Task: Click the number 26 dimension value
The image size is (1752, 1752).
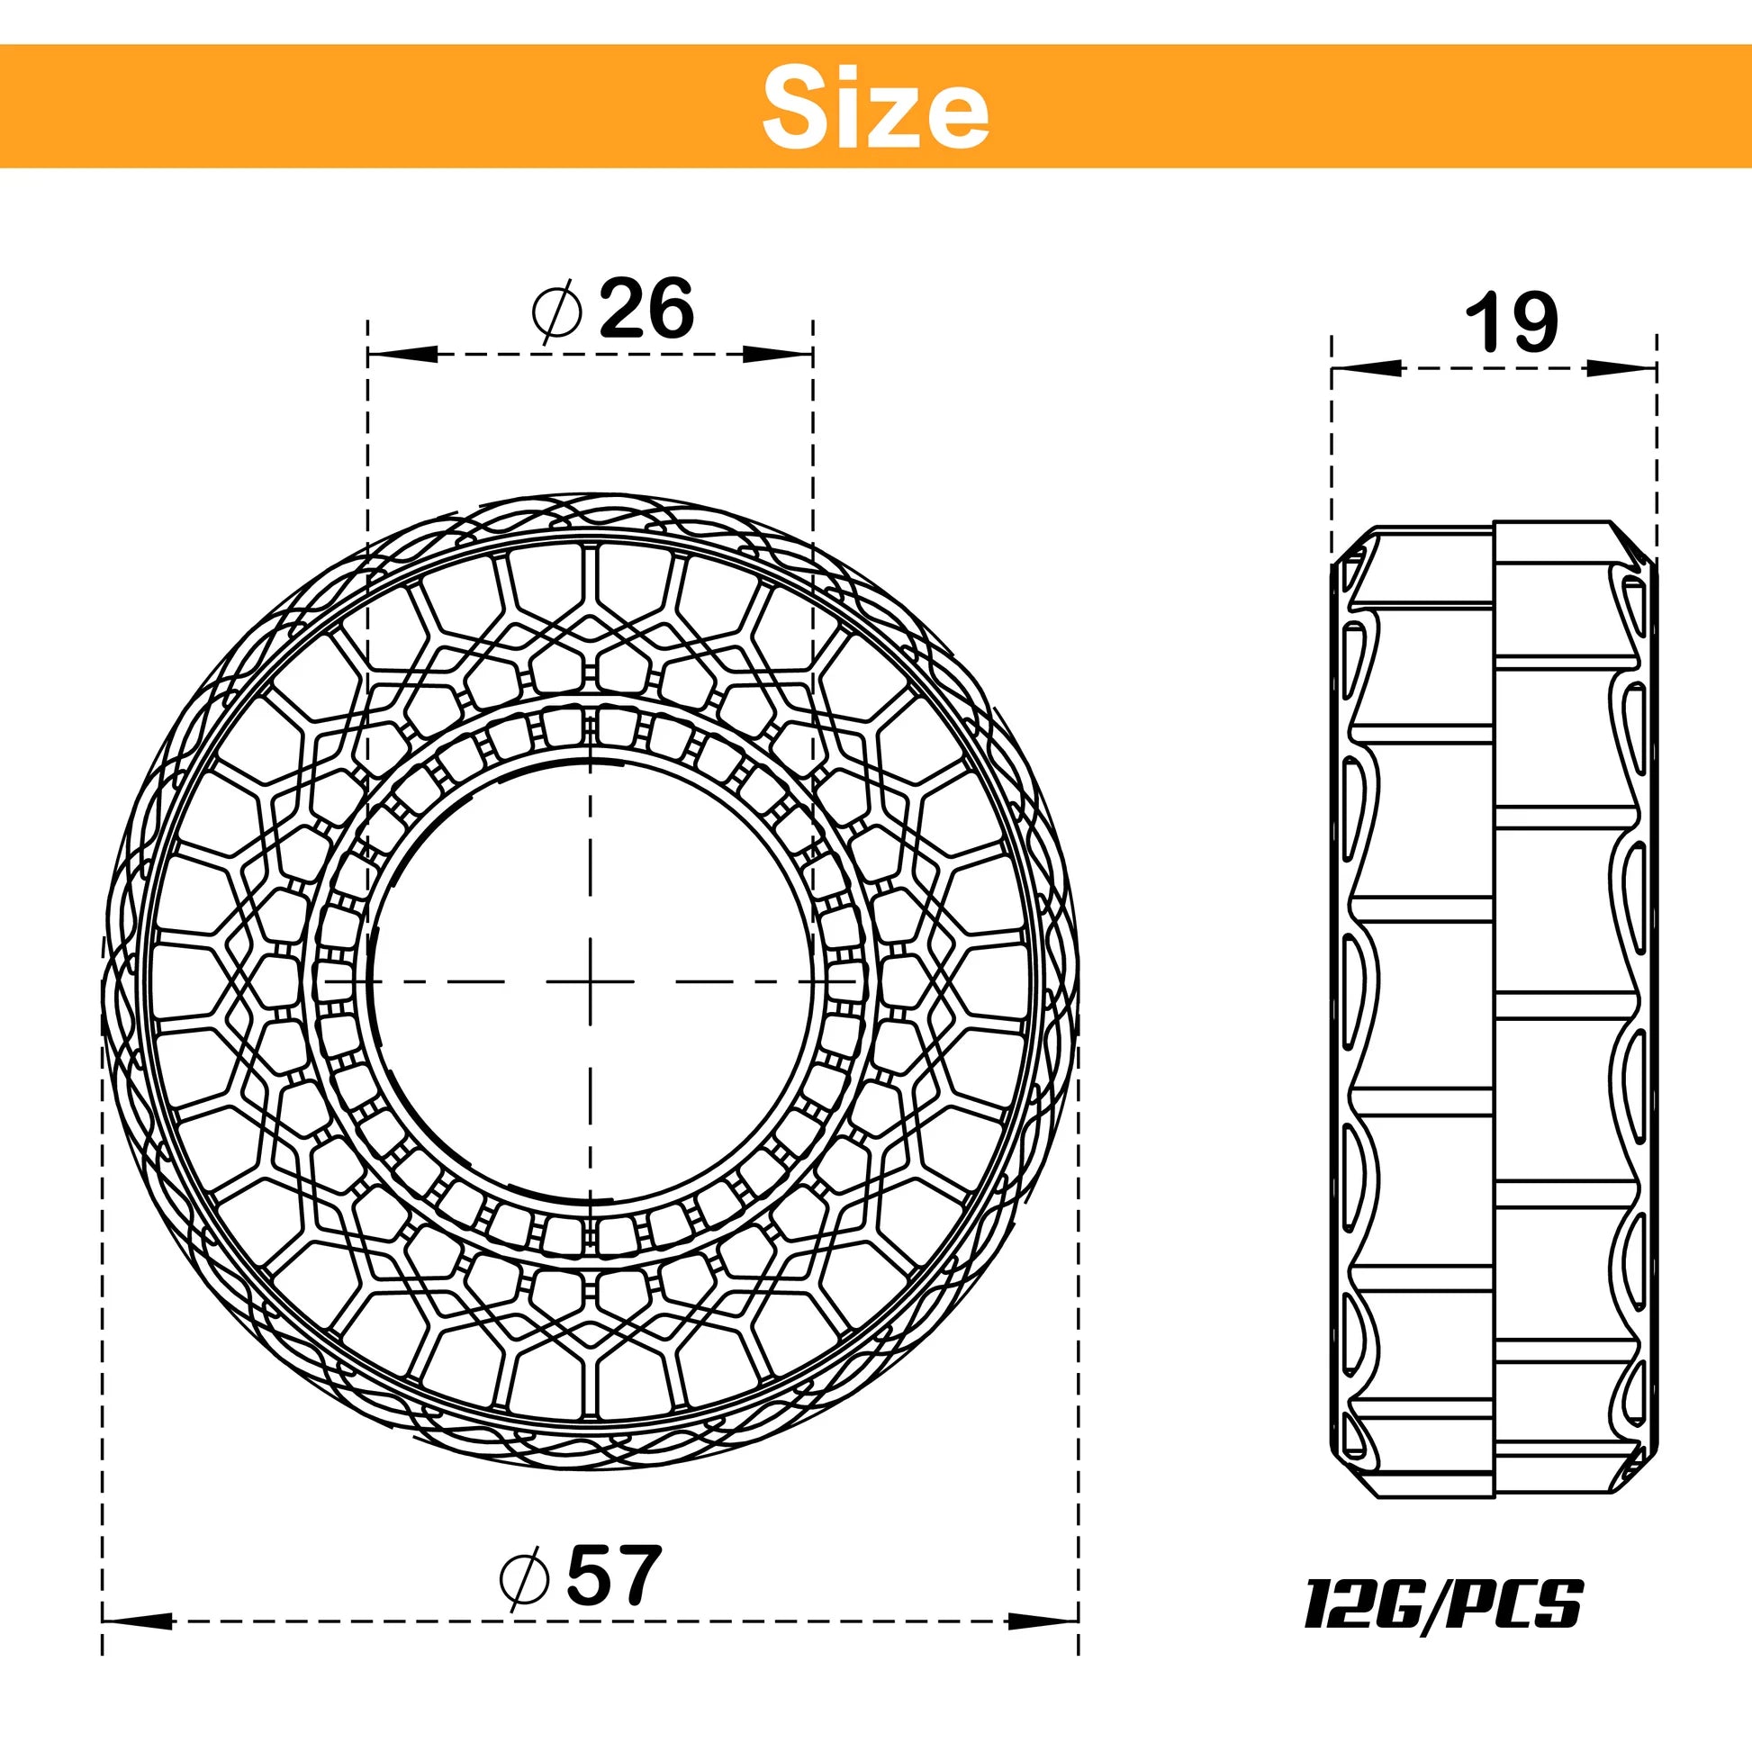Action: tap(646, 309)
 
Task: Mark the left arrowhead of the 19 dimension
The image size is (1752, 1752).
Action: tap(1365, 368)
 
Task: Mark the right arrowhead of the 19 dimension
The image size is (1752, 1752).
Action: tap(1623, 368)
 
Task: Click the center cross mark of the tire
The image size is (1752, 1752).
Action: tap(590, 981)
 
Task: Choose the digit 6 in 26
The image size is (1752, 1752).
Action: tap(671, 309)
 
